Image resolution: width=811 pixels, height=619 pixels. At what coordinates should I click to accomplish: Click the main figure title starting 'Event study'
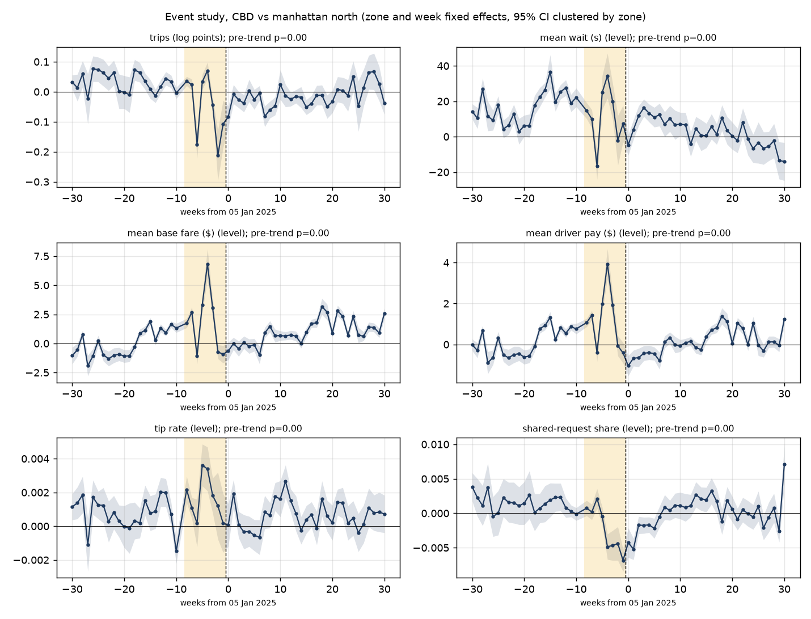(405, 17)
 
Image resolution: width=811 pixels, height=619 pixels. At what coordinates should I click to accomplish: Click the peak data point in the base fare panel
(208, 264)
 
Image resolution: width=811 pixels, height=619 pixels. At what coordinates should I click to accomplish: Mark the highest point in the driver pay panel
(607, 264)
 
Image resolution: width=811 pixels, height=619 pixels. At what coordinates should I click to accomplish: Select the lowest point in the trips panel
(218, 155)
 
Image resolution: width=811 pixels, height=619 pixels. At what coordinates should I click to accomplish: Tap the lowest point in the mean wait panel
(597, 167)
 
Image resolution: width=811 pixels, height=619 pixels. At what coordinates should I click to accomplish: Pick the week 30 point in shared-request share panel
(784, 464)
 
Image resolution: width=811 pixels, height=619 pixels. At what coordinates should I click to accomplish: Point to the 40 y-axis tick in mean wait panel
(443, 66)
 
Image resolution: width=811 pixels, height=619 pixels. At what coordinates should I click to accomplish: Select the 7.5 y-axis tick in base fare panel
(41, 257)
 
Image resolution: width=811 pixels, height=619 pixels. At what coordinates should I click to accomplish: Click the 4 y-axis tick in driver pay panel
(446, 263)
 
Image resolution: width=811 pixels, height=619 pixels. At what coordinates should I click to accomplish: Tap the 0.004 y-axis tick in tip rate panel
(35, 459)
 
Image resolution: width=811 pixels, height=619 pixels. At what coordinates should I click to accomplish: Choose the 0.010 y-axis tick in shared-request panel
(435, 444)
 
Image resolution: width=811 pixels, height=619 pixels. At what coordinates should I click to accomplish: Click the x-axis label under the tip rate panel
(228, 603)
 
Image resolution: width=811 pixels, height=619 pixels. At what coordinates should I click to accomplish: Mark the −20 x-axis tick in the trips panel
(124, 198)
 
